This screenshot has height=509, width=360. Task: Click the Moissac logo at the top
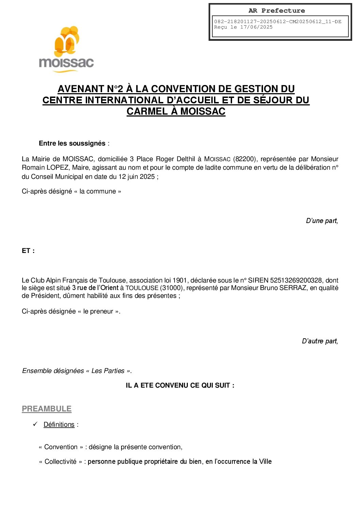point(66,49)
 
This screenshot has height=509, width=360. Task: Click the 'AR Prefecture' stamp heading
point(277,11)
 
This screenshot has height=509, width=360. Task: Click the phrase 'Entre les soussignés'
point(72,143)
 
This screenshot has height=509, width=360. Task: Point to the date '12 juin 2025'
point(136,176)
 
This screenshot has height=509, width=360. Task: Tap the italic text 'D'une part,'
point(322,221)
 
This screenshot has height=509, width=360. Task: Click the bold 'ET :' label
point(28,251)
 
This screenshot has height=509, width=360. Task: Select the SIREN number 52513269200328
point(296,280)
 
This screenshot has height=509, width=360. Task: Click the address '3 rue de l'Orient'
point(95,288)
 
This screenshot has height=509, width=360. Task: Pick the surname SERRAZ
point(293,288)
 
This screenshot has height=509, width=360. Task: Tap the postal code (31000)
point(172,288)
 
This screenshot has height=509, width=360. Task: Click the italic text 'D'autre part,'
point(320,341)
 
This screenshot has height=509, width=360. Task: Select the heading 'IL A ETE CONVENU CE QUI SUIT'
point(180,385)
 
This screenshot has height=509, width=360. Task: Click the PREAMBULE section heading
point(47,409)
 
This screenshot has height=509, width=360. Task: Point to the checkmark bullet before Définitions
point(35,424)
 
